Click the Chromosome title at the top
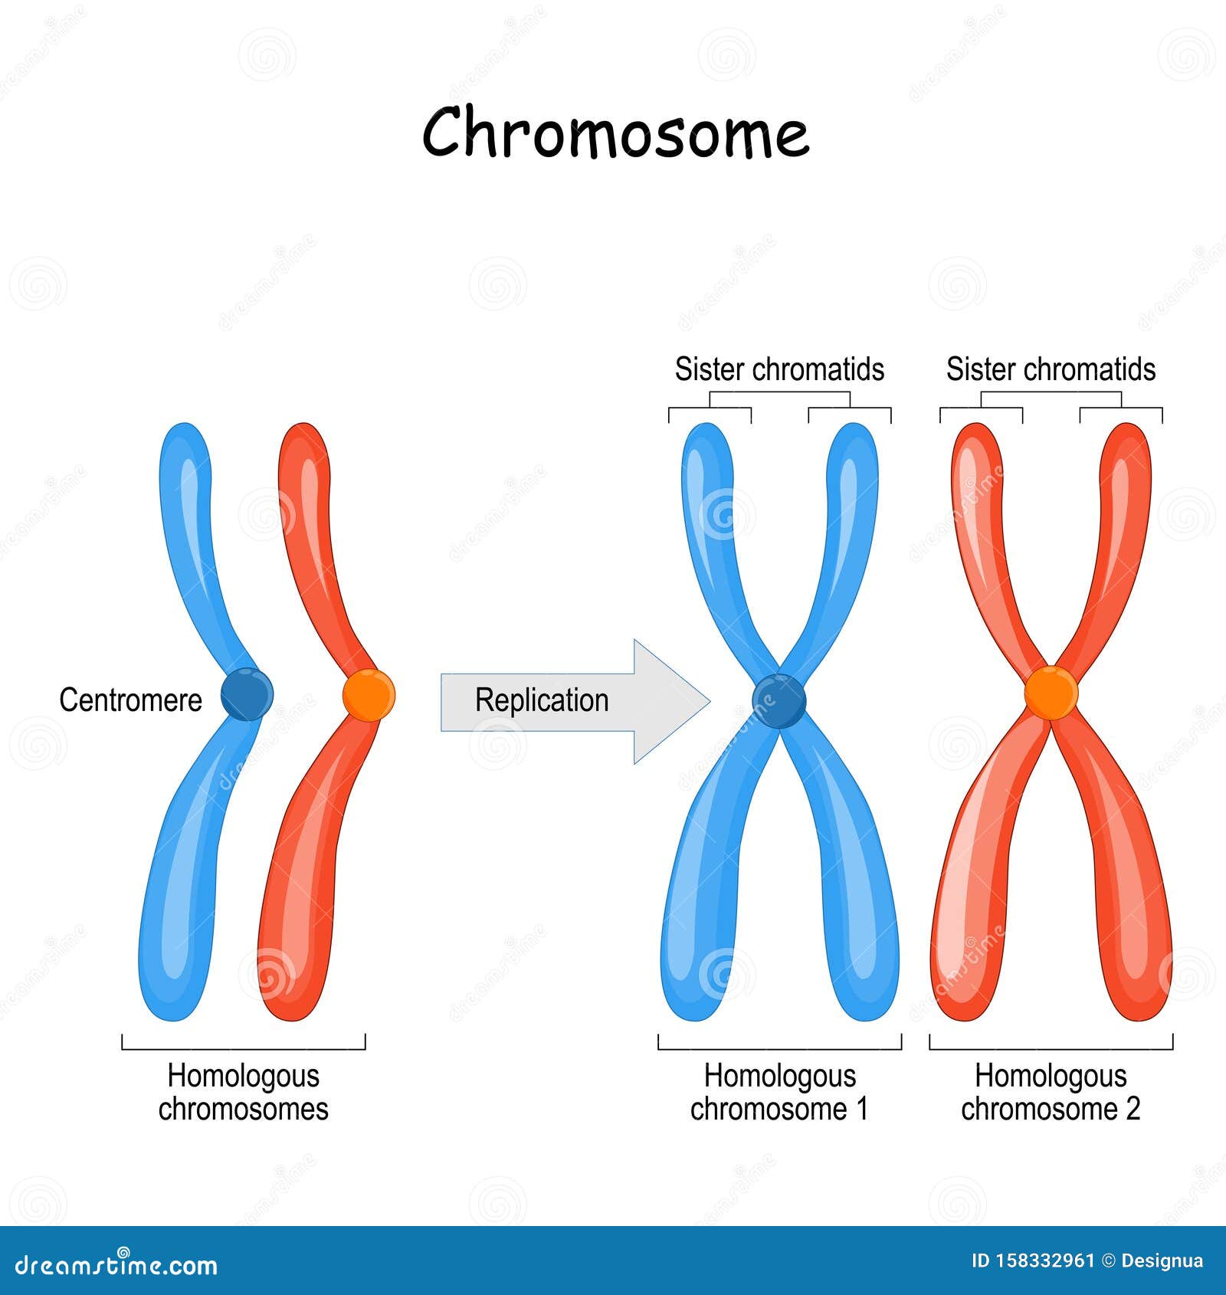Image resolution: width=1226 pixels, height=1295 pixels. click(x=615, y=133)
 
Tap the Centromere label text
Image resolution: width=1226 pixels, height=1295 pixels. click(x=130, y=700)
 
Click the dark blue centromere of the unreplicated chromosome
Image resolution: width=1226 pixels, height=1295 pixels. click(x=246, y=694)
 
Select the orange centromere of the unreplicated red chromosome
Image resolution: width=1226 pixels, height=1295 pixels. click(x=369, y=695)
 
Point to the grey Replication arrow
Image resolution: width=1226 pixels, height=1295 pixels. click(x=575, y=701)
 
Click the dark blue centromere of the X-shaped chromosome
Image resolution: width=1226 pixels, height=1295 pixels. click(x=779, y=700)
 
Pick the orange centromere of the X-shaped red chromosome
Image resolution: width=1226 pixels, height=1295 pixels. click(x=1051, y=693)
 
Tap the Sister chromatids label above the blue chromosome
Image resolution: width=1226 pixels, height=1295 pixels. click(x=779, y=369)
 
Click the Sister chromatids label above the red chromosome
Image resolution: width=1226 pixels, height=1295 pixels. click(x=1051, y=369)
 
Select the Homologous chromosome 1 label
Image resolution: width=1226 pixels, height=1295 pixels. click(x=779, y=1092)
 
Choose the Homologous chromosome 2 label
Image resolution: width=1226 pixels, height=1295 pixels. click(x=1051, y=1092)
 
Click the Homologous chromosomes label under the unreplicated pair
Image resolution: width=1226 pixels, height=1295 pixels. click(x=243, y=1092)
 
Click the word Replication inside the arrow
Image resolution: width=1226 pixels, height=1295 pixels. click(x=542, y=700)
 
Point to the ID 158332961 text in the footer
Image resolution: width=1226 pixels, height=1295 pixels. click(x=1032, y=1261)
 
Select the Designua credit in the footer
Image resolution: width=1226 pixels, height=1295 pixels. click(x=1161, y=1261)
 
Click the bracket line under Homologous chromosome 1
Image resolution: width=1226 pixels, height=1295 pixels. click(x=779, y=1048)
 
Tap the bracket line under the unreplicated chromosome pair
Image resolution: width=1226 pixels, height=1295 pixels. click(x=243, y=1048)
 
